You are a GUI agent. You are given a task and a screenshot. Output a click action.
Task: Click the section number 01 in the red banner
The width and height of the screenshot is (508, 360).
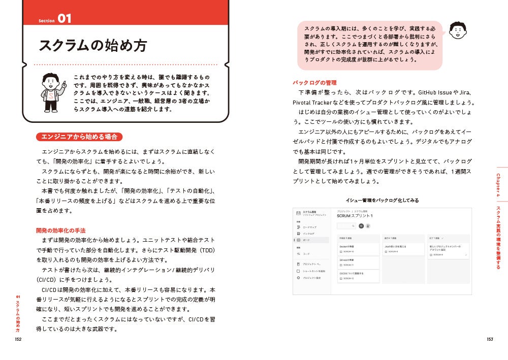pos(64,19)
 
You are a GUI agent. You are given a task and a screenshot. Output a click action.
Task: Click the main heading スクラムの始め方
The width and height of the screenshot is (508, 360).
pos(93,46)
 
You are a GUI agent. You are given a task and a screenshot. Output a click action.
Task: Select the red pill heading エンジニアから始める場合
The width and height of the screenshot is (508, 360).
pos(79,137)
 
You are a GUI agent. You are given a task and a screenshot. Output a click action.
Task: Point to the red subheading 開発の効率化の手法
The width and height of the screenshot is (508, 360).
pos(60,230)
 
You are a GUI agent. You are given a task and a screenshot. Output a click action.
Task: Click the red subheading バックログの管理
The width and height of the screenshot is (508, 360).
pos(314,82)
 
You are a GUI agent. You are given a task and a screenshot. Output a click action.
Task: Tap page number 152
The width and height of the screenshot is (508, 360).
pos(18,340)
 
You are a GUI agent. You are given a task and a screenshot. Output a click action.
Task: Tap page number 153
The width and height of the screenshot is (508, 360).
pos(490,340)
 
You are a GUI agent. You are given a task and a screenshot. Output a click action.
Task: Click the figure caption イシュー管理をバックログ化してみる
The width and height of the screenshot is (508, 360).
pos(382,201)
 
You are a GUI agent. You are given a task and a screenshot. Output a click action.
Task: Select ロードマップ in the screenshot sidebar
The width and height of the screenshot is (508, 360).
pos(310,227)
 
